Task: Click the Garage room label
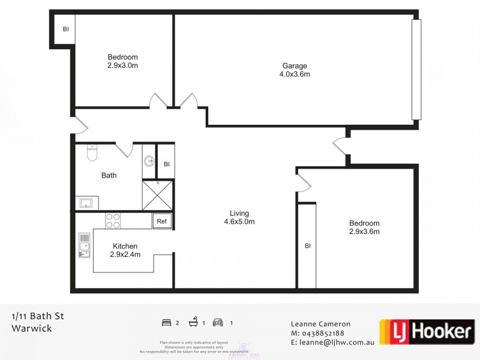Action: pos(295,66)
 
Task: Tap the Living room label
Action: pos(239,213)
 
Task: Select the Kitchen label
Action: pos(125,246)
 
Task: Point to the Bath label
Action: pos(109,175)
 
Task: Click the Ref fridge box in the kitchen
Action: pos(162,221)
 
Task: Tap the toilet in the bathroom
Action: pos(91,154)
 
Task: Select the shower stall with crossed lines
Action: pos(157,195)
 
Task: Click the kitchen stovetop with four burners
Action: pos(113,221)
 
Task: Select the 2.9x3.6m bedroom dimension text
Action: pos(364,231)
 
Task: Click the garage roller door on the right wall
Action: pos(416,70)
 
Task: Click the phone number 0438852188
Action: pos(323,333)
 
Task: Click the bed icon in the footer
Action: pos(167,323)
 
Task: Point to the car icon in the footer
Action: pos(218,323)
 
